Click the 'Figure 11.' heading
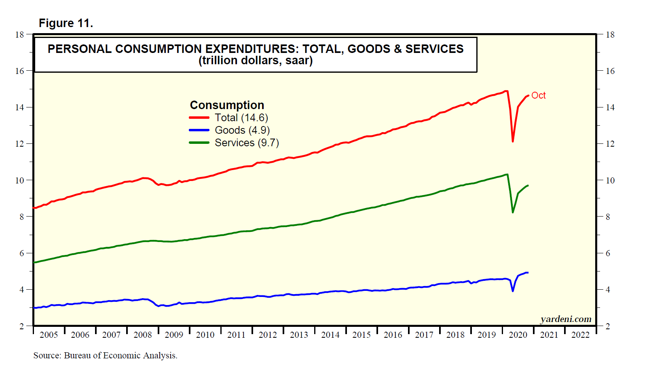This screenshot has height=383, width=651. tap(66, 23)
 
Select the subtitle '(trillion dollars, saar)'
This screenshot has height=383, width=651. tap(256, 61)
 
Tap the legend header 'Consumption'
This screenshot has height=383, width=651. tap(227, 105)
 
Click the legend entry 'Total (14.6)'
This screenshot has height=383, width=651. tap(241, 118)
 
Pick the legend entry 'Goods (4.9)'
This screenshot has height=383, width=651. tap(242, 130)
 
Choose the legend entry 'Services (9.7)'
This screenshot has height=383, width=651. tap(247, 143)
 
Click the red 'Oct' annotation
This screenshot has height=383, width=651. tap(538, 95)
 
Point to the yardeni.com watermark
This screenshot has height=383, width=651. tap(566, 319)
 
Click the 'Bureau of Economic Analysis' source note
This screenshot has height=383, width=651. tap(120, 356)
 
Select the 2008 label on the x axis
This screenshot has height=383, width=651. tap(143, 335)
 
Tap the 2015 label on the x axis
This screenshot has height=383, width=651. tap(361, 335)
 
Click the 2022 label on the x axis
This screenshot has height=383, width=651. tap(580, 335)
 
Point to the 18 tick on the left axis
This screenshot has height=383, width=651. tap(20, 34)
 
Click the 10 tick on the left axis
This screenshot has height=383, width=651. tap(20, 180)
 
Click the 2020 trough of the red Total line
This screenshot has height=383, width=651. tap(513, 141)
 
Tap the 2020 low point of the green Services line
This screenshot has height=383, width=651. tap(513, 212)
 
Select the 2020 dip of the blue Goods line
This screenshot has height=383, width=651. tap(513, 290)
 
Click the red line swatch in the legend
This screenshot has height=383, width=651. tap(199, 118)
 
